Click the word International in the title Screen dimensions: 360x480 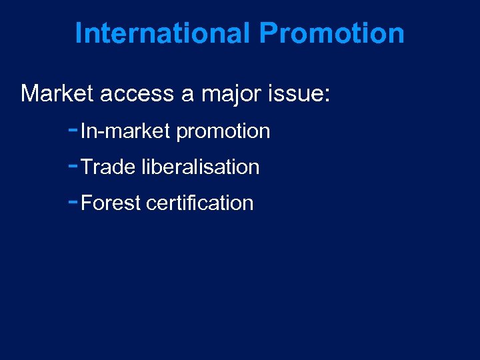pyautogui.click(x=163, y=33)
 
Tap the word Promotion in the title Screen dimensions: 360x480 pyautogui.click(x=331, y=33)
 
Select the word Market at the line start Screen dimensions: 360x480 pyautogui.click(x=57, y=93)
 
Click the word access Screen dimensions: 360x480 pyautogui.click(x=137, y=93)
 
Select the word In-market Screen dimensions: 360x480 pyautogui.click(x=125, y=131)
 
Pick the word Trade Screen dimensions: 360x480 pyautogui.click(x=108, y=167)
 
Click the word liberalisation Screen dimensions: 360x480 pyautogui.click(x=201, y=167)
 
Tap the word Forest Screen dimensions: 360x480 pyautogui.click(x=111, y=203)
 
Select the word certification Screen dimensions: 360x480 pyautogui.click(x=199, y=203)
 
